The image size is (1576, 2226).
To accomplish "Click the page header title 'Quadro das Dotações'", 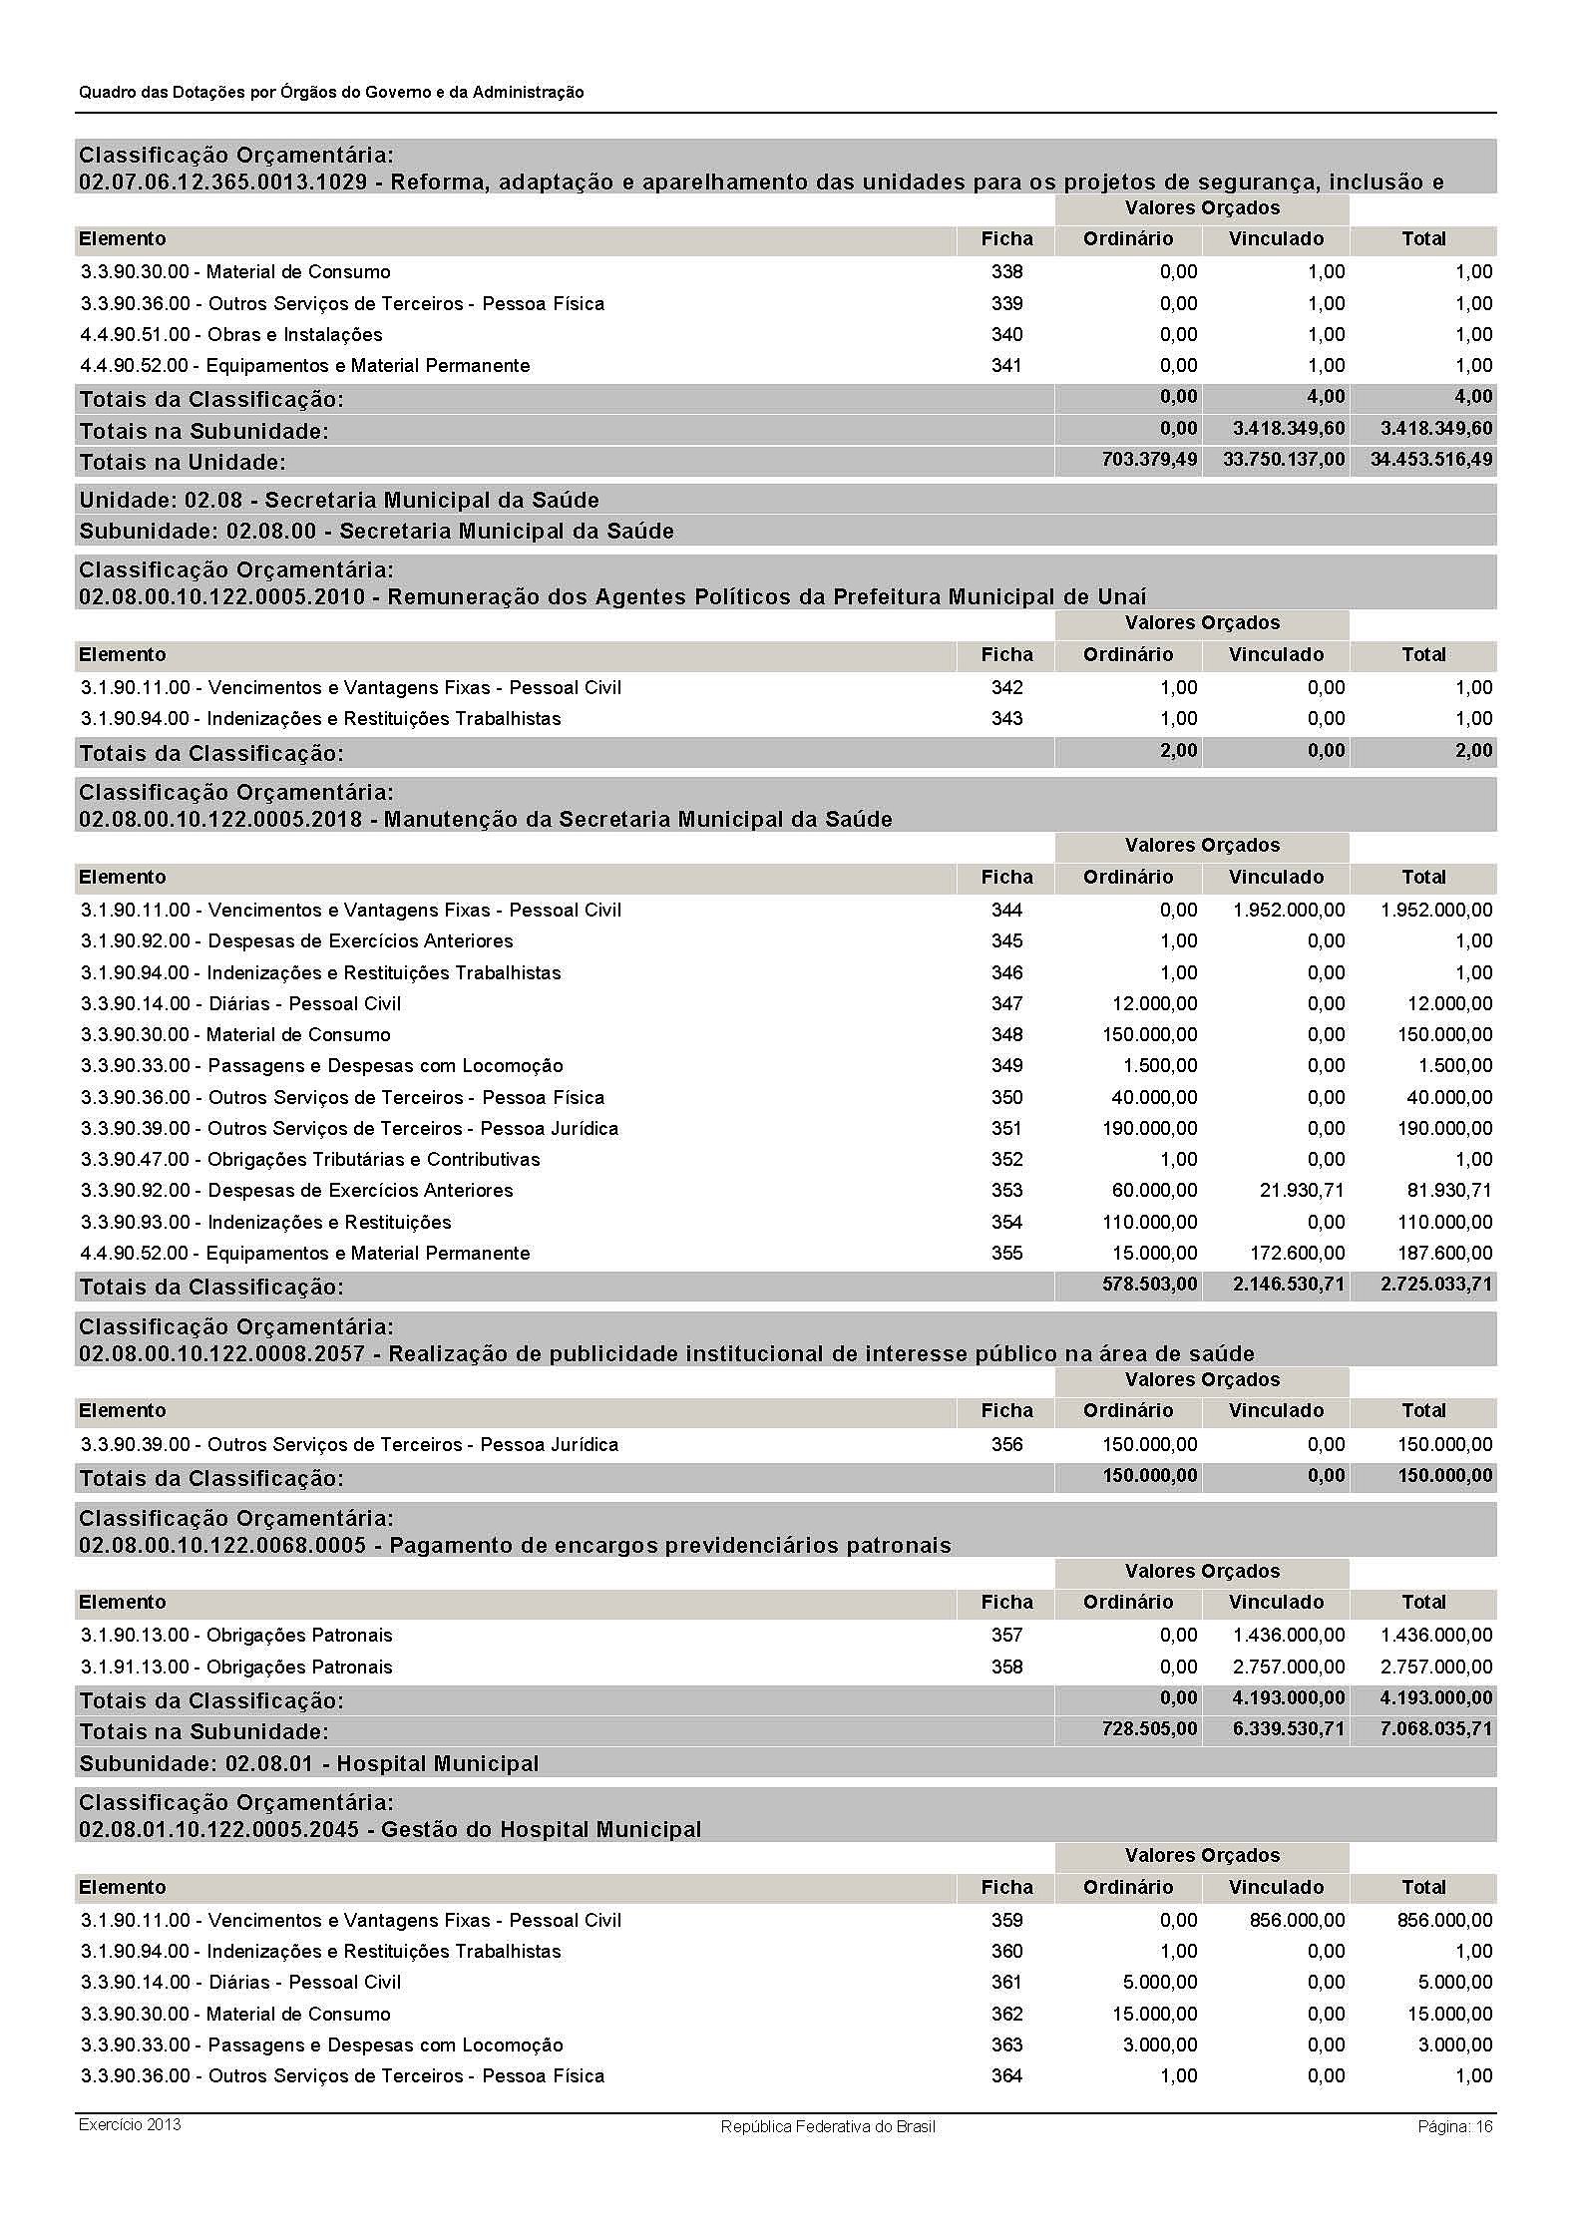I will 331,92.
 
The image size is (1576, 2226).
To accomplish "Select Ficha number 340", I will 1006,334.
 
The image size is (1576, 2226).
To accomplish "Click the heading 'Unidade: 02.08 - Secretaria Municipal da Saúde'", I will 339,500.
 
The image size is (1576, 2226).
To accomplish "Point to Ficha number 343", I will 1006,718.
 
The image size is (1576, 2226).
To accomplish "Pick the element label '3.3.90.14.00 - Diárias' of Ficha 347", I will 240,1003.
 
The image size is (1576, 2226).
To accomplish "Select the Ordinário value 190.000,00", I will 1149,1128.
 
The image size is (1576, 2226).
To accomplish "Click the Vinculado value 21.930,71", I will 1302,1190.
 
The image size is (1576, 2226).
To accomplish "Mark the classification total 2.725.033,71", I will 1436,1285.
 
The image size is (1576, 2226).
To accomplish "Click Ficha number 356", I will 1006,1444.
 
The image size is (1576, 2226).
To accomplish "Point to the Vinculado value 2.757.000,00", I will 1289,1667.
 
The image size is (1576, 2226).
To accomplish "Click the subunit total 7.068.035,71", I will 1436,1728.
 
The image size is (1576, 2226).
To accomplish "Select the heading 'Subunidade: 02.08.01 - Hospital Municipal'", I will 309,1763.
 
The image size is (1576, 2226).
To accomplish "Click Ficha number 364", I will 1006,2075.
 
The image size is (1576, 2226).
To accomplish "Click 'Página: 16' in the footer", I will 1454,2126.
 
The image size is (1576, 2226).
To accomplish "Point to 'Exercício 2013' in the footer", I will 130,2124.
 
